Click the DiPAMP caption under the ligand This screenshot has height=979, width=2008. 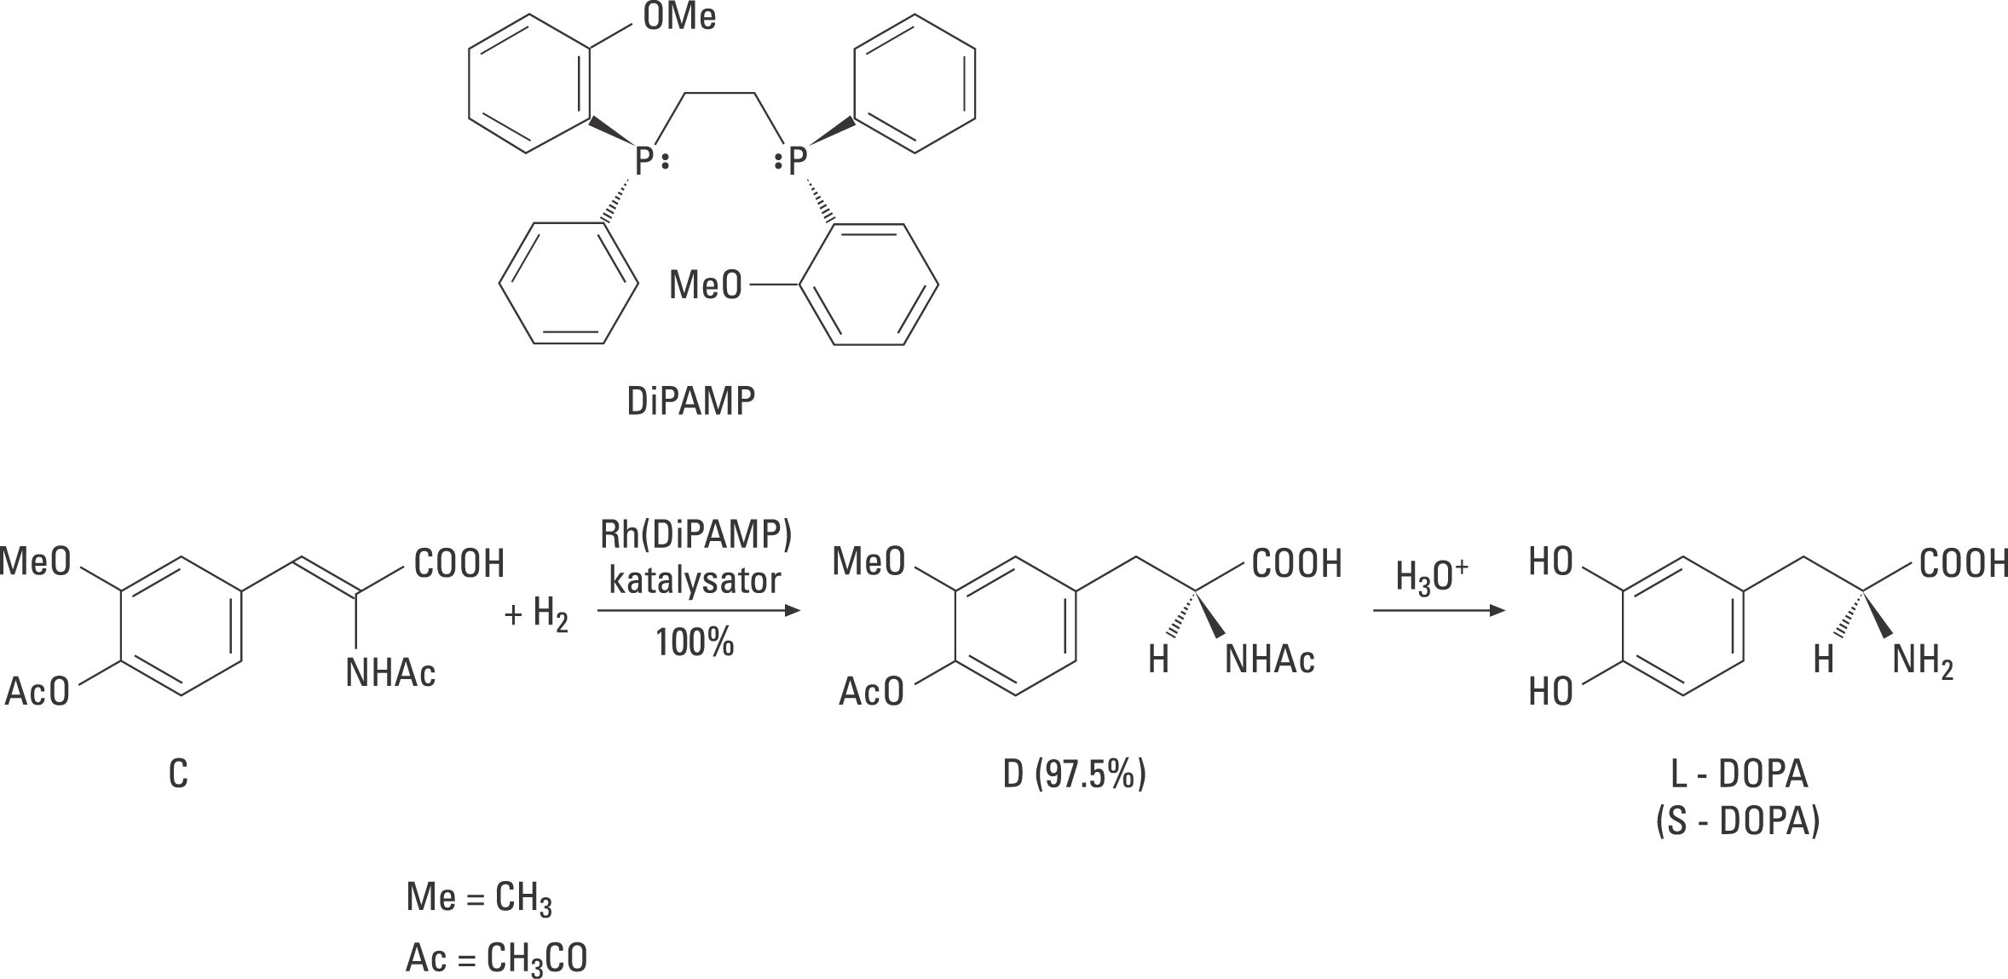(x=690, y=401)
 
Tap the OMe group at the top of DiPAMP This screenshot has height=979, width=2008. (x=679, y=18)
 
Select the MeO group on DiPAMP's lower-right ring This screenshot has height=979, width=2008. (x=706, y=285)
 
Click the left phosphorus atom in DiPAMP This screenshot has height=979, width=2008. (x=645, y=160)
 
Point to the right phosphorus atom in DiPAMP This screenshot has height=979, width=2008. (x=796, y=160)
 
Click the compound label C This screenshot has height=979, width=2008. (x=178, y=775)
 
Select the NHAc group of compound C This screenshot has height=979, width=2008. (x=390, y=674)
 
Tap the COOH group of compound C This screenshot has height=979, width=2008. (x=459, y=563)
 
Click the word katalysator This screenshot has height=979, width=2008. (x=694, y=581)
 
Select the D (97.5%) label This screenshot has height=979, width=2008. (x=1074, y=775)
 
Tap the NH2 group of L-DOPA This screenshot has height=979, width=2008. (x=1923, y=661)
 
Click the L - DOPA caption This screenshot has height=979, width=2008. (x=1739, y=775)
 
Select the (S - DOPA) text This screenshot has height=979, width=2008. (x=1739, y=823)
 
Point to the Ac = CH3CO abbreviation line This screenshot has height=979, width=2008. (x=496, y=959)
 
